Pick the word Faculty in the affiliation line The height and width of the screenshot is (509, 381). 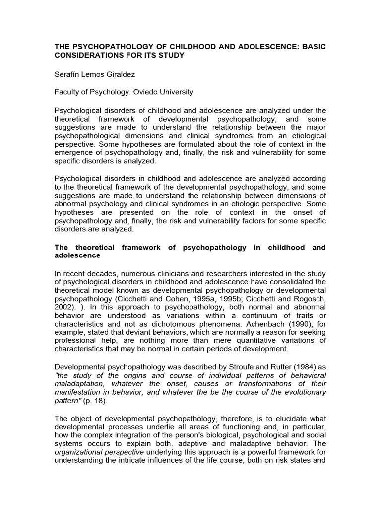(x=67, y=92)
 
